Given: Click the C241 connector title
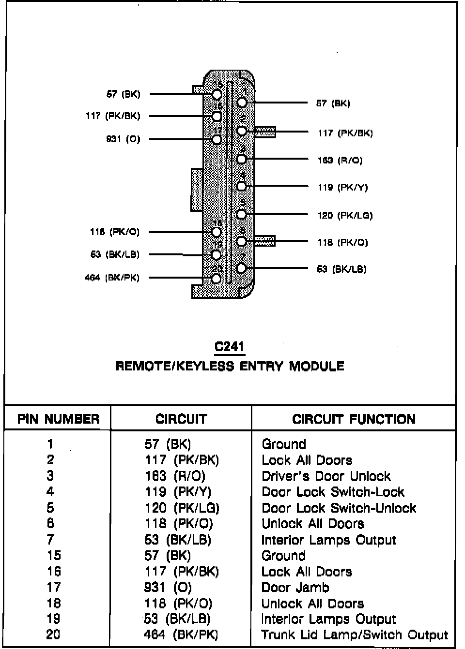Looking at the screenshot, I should click(x=229, y=346).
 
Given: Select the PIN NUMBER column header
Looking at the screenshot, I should click(x=58, y=419).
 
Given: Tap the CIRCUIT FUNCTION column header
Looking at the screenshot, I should click(x=354, y=419).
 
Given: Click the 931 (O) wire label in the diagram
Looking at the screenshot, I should click(x=123, y=139).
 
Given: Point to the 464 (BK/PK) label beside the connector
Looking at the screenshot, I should click(x=112, y=278).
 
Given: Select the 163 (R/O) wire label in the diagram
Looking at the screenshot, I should click(x=340, y=160).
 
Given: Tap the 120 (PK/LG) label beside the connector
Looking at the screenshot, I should click(x=345, y=215).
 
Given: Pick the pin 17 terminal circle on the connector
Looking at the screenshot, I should click(x=217, y=140).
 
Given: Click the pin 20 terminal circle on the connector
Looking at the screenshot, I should click(x=217, y=278).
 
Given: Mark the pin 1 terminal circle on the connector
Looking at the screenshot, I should click(x=242, y=102).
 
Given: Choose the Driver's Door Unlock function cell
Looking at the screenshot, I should click(x=326, y=476).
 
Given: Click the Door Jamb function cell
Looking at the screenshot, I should click(x=295, y=588).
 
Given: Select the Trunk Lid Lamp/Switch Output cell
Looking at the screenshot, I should click(x=355, y=635).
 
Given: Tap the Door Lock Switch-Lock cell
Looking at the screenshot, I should click(x=333, y=492).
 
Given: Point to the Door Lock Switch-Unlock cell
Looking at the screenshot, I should click(x=339, y=508).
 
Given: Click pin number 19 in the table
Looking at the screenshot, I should click(x=53, y=619).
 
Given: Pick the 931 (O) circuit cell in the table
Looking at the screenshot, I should click(x=168, y=588).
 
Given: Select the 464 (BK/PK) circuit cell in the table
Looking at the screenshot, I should click(x=181, y=635).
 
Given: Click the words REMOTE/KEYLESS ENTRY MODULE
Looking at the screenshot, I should click(x=230, y=366).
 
